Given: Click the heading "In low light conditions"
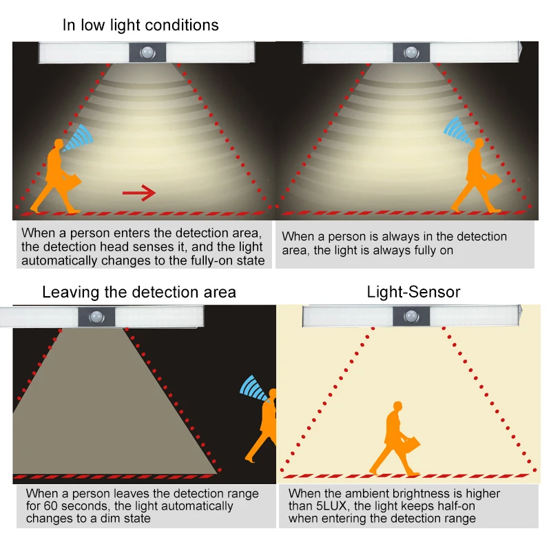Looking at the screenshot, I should [x=141, y=25].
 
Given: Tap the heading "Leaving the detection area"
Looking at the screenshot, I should [x=138, y=292].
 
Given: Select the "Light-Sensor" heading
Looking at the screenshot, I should [x=413, y=292].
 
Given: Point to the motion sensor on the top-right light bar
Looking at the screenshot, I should [x=411, y=52].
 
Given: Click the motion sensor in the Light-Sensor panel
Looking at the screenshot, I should [x=411, y=318].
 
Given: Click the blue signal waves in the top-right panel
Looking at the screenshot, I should [x=455, y=129].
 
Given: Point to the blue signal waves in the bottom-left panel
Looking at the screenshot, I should [x=254, y=388].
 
